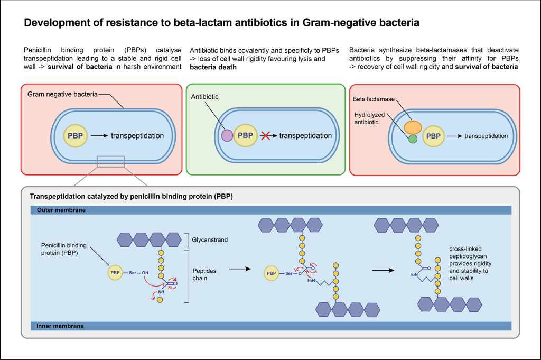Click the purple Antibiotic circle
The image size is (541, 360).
click(227, 135)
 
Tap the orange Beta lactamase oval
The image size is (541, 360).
click(413, 127)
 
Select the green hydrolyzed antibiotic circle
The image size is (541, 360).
click(413, 140)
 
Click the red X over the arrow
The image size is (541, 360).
click(266, 135)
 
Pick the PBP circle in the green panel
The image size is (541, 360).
click(245, 135)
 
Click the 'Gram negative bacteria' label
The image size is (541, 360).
click(62, 94)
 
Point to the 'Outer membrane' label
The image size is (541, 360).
click(61, 210)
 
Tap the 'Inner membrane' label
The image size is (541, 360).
click(60, 326)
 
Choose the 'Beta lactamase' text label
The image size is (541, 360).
click(371, 99)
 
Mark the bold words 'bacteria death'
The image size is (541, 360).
click(213, 67)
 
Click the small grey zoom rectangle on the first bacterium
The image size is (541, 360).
click(110, 161)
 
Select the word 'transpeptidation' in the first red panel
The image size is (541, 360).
click(137, 136)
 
